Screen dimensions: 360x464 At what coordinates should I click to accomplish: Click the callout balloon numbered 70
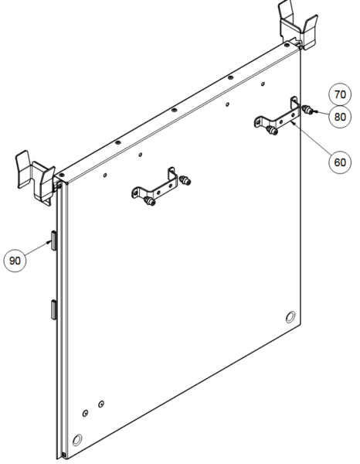340,94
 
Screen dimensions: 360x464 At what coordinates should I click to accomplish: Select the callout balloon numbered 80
340,117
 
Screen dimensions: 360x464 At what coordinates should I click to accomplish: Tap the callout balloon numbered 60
340,162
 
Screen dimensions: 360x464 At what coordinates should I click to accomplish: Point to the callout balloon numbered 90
15,261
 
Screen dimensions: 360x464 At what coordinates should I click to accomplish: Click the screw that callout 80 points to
307,111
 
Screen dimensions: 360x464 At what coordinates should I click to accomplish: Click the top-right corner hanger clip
298,26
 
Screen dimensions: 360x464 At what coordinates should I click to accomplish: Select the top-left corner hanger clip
35,178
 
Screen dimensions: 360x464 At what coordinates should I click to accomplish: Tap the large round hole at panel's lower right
290,317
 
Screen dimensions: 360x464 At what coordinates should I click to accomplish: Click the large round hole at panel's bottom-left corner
77,440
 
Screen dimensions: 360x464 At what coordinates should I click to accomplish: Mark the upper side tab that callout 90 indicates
54,241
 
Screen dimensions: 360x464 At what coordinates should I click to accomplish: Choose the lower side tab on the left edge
54,310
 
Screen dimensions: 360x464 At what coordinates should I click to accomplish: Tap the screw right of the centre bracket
185,179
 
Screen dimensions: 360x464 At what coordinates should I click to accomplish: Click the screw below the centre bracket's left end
150,201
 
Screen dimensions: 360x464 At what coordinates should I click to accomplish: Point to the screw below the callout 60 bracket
272,130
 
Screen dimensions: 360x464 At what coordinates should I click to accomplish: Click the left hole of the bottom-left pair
85,413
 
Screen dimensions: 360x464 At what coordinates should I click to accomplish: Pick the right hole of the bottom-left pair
101,404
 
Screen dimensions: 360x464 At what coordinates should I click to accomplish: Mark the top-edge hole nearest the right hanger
287,46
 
